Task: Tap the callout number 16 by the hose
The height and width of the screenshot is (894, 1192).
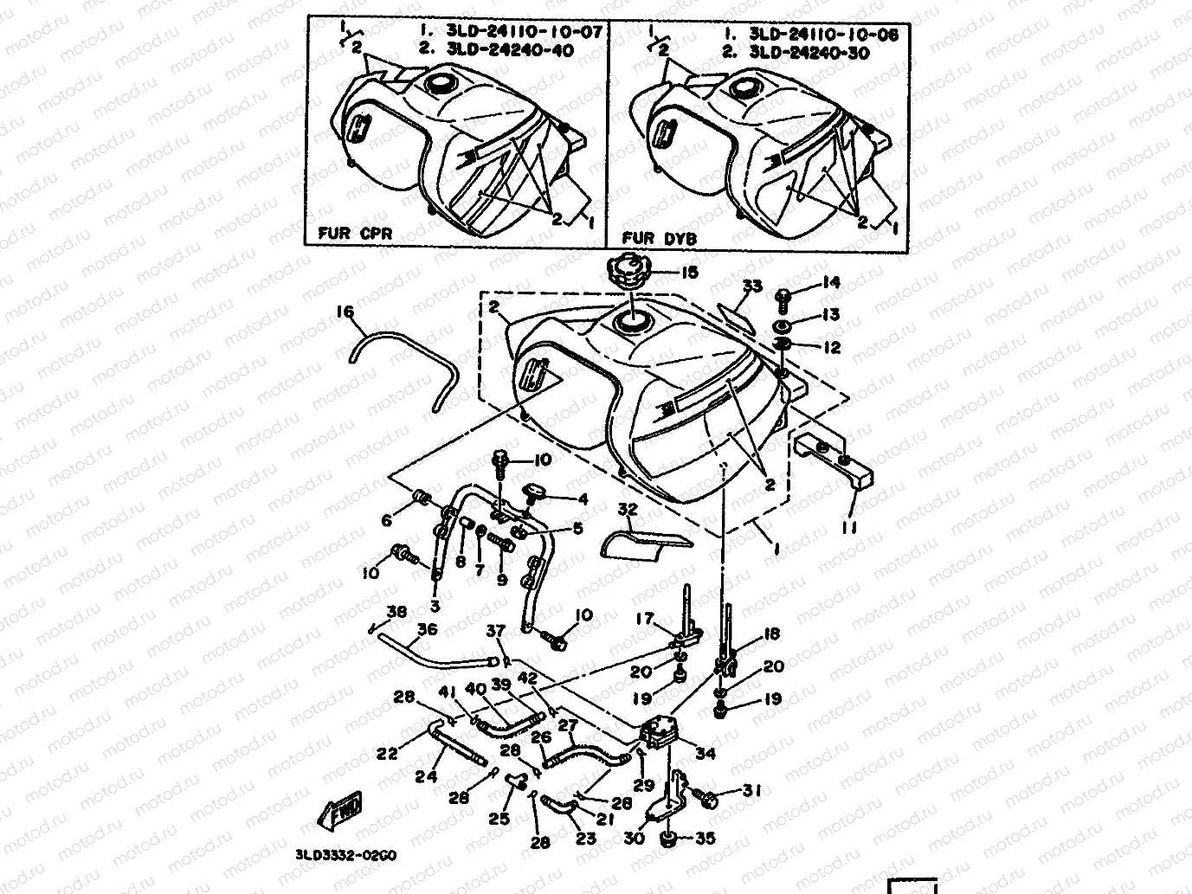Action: pyautogui.click(x=345, y=312)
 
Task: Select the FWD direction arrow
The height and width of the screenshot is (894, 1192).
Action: pyautogui.click(x=342, y=808)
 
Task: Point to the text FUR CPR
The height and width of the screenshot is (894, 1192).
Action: pyautogui.click(x=355, y=234)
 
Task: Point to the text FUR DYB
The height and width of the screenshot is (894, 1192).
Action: pyautogui.click(x=660, y=238)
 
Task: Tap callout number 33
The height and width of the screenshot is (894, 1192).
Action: pyautogui.click(x=752, y=286)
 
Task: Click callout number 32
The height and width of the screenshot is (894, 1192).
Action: pyautogui.click(x=628, y=510)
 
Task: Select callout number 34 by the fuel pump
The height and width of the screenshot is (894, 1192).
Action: pyautogui.click(x=706, y=753)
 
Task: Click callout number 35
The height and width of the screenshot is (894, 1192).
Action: pyautogui.click(x=706, y=838)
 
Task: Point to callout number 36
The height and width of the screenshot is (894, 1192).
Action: pyautogui.click(x=428, y=630)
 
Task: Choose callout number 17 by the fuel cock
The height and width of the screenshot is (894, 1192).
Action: pyautogui.click(x=645, y=619)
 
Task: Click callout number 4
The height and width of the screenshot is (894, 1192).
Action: pyautogui.click(x=583, y=499)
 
